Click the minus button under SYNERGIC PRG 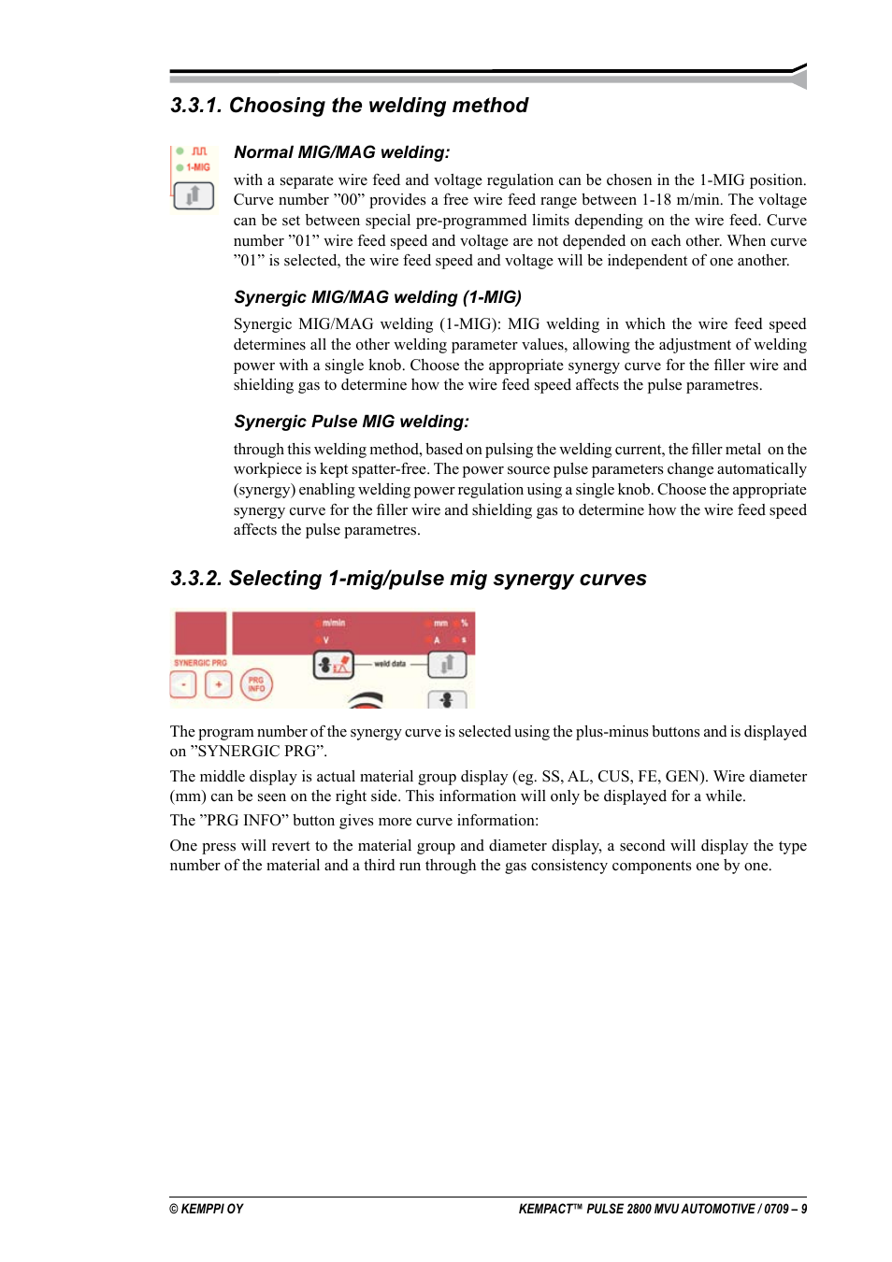(183, 685)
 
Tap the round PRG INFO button (256, 685)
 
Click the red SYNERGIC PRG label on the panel (200, 663)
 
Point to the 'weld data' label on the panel (390, 664)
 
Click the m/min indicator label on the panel (334, 623)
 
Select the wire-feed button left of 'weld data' (333, 665)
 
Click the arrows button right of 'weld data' (447, 665)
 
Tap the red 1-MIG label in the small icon (198, 167)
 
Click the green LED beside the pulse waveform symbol (180, 151)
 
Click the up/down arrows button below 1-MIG (194, 195)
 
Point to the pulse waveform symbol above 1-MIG (199, 151)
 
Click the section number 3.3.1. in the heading (196, 106)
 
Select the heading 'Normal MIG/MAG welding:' (341, 152)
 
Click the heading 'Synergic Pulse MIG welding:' (351, 422)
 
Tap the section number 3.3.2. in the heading (196, 579)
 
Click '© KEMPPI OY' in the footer (206, 1209)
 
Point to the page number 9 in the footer (803, 1209)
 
